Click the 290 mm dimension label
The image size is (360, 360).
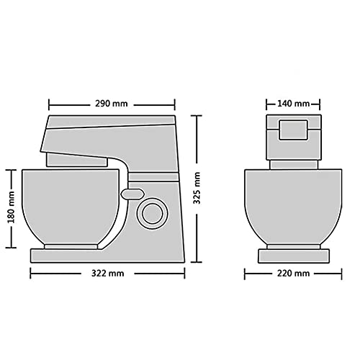(112, 103)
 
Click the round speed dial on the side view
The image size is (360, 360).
(151, 212)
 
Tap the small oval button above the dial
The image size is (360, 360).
(132, 193)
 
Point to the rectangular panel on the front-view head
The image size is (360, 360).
(292, 130)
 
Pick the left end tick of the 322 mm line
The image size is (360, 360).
(30, 274)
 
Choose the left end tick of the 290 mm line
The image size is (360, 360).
(48, 103)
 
